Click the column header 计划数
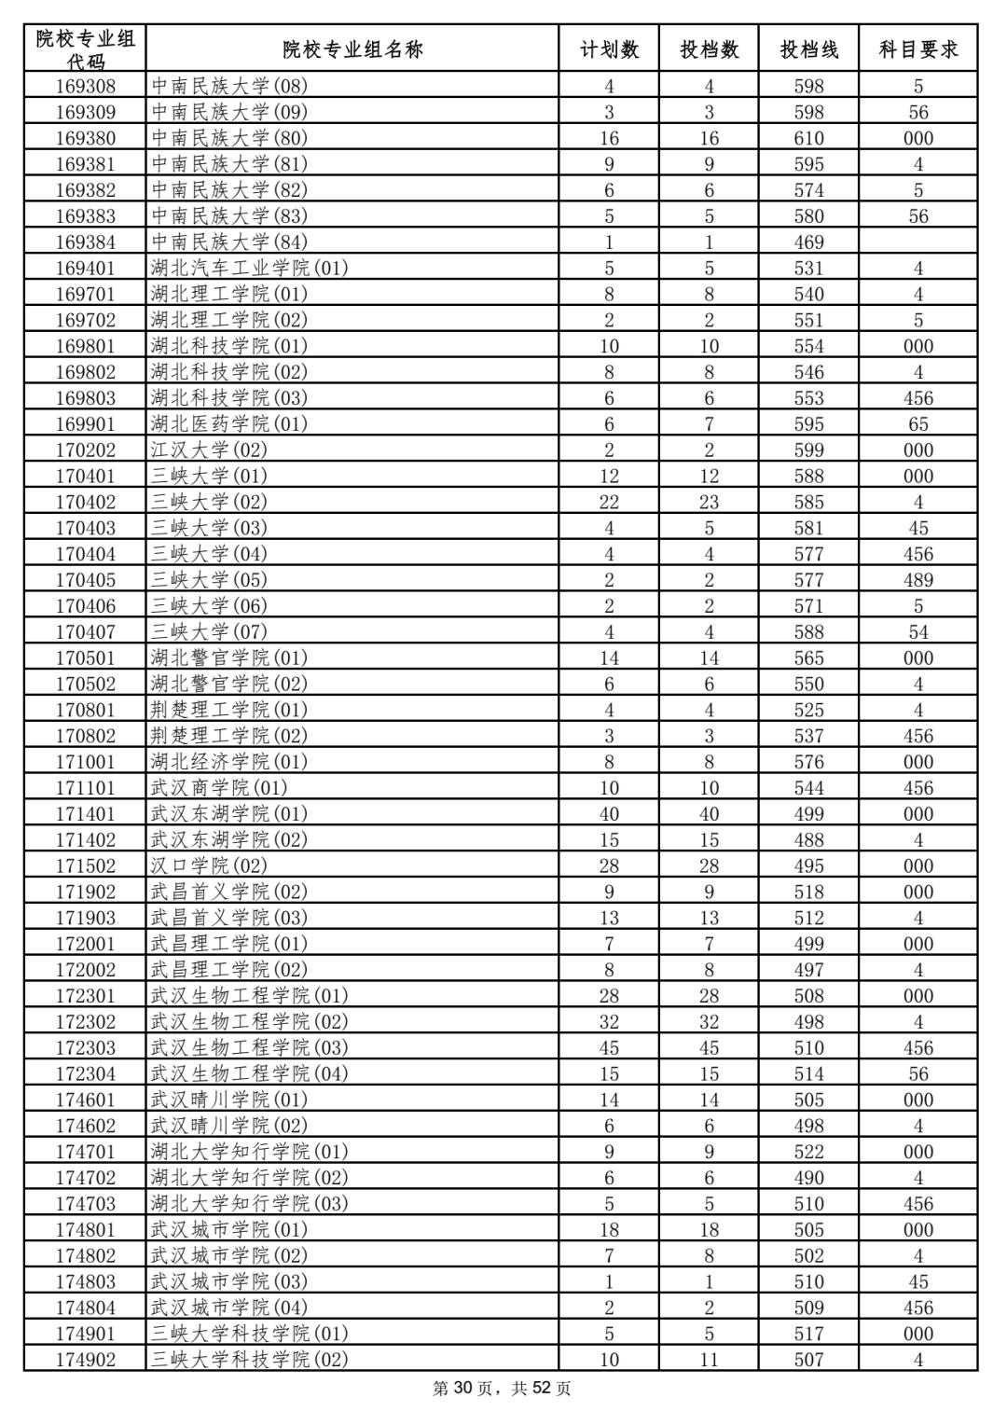pos(609,49)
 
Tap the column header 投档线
pos(808,49)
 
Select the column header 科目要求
pos(917,49)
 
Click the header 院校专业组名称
pos(352,49)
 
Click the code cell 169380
pos(85,138)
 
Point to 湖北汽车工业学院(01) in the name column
pos(249,269)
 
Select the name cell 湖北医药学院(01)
pos(228,424)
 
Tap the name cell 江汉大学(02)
pos(209,450)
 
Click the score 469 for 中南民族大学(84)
pos(808,242)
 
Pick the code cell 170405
pos(85,580)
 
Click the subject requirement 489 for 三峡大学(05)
pos(917,580)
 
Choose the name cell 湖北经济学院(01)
pos(228,762)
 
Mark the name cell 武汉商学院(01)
pos(219,788)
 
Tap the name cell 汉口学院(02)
pos(209,866)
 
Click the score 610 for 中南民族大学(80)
pos(808,138)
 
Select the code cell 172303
pos(85,1048)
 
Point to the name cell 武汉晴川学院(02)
pos(228,1127)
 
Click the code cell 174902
pos(85,1360)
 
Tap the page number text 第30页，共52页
pos(503,1390)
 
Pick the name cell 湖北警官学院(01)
pos(228,658)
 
